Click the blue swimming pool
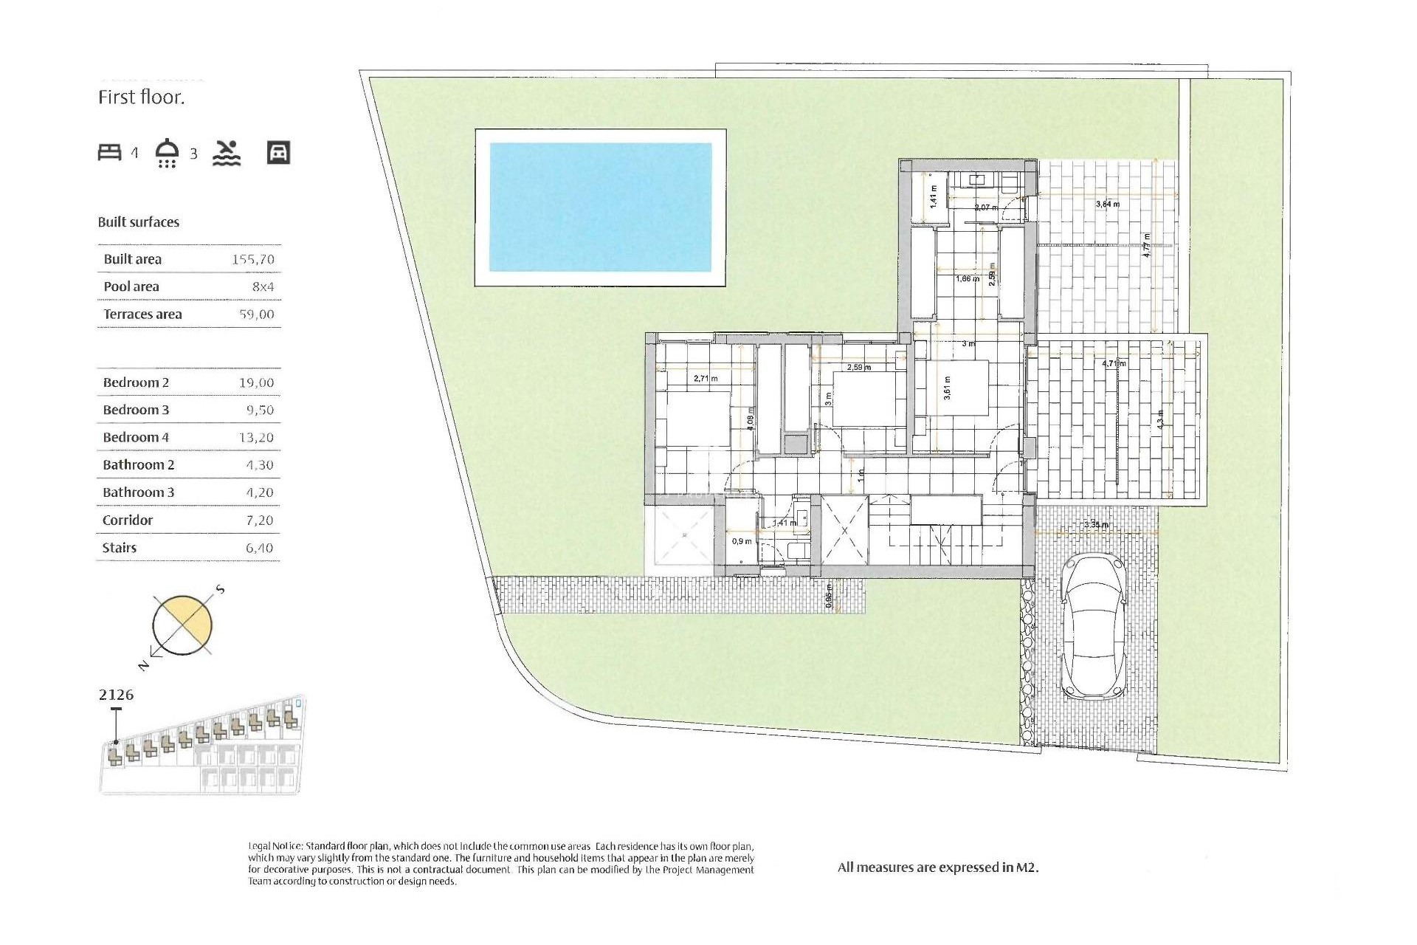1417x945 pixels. click(600, 207)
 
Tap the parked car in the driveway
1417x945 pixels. click(1093, 627)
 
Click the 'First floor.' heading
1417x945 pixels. click(142, 97)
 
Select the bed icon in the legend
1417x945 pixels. click(110, 153)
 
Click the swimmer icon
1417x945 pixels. click(227, 153)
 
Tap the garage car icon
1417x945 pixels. click(278, 153)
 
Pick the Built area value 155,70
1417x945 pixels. click(252, 260)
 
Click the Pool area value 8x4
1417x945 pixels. click(263, 287)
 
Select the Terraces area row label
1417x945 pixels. click(142, 315)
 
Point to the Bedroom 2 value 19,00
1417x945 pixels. click(256, 383)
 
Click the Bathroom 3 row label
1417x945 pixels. click(139, 492)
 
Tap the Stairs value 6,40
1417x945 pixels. click(259, 548)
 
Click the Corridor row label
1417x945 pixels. click(128, 520)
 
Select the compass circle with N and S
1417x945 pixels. click(182, 625)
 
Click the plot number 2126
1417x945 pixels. click(116, 695)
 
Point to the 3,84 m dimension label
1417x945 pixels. click(1107, 205)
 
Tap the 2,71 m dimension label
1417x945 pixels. click(706, 379)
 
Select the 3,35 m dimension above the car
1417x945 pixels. click(1096, 525)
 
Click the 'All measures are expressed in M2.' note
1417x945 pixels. click(937, 868)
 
